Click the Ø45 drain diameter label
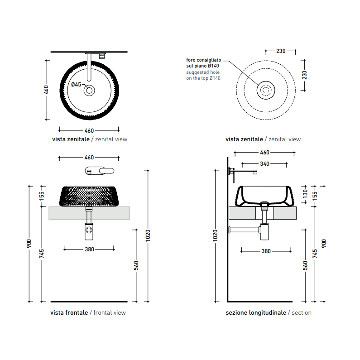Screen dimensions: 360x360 76,85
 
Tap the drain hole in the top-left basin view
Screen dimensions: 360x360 89,91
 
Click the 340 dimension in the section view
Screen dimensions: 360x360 264,164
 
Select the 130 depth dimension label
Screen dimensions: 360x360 305,194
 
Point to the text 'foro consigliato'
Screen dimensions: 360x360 203,60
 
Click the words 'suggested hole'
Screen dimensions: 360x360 203,72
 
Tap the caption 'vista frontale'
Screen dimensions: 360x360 69,312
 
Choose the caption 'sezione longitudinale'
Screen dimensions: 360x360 256,312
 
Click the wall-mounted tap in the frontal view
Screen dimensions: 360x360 100,171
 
